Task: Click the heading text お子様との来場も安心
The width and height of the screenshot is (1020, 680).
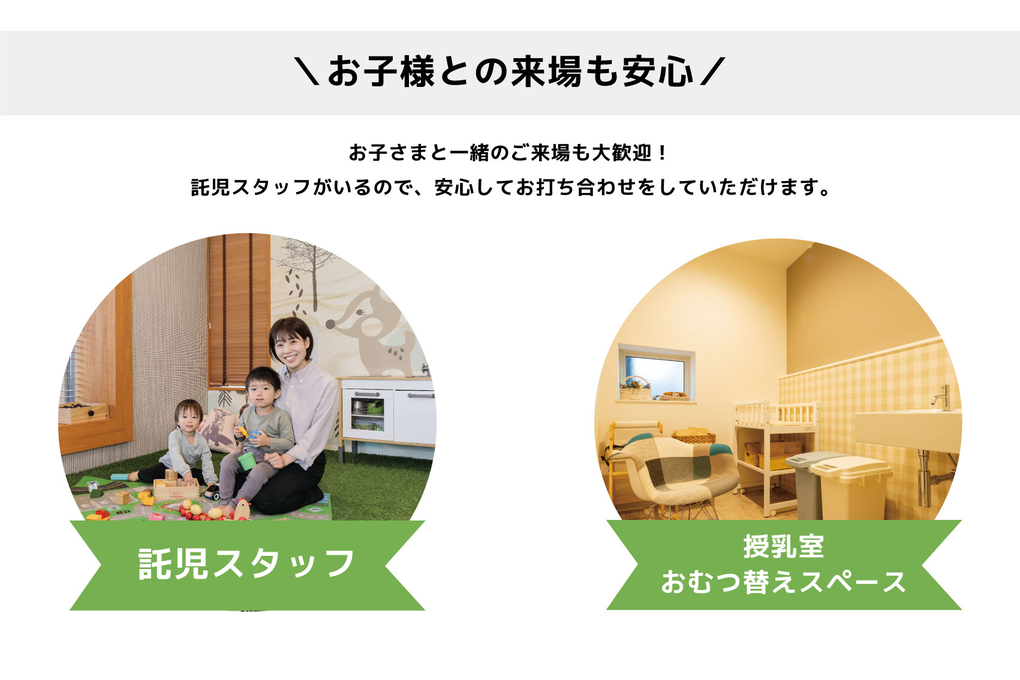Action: pos(510,72)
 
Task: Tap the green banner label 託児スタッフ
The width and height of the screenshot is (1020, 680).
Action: pos(246,564)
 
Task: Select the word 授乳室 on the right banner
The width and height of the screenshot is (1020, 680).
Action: pos(784,546)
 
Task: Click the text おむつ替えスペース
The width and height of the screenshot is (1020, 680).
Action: pos(783,582)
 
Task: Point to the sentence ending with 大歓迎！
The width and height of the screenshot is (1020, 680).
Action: pos(508,153)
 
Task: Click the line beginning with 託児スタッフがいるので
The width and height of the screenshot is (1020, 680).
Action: pos(510,187)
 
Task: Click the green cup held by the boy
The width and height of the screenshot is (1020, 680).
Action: pos(246,461)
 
